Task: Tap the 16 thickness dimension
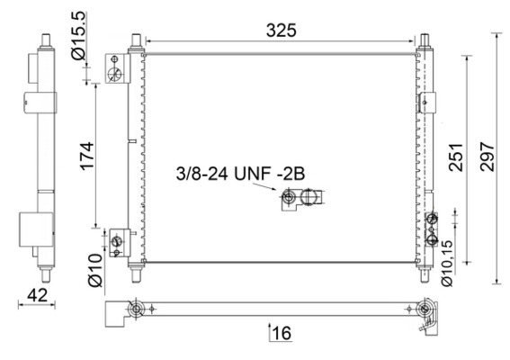point(281,333)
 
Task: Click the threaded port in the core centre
point(289,197)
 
